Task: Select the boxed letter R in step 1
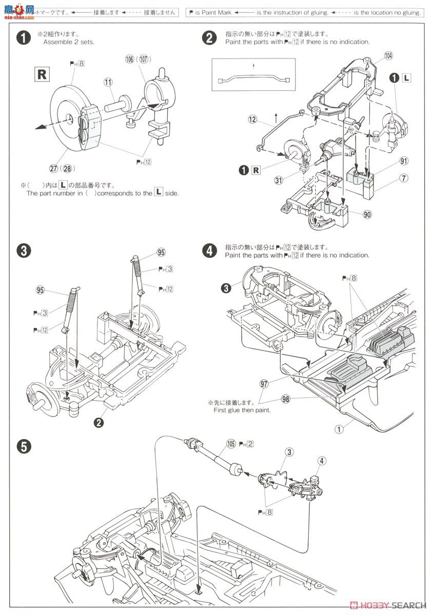42,75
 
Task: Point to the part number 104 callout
388,55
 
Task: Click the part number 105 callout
231,444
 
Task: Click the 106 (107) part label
136,59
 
